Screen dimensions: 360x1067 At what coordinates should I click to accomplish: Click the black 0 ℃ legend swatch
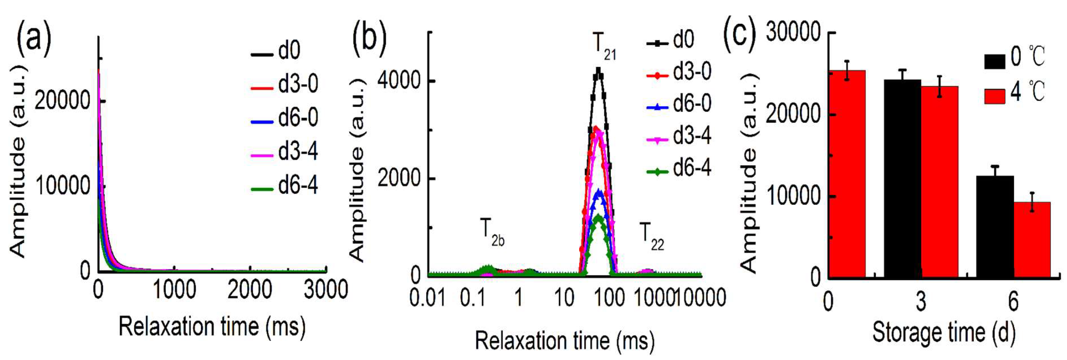[x=995, y=61]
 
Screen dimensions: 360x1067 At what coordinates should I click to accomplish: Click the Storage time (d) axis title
[x=944, y=332]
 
